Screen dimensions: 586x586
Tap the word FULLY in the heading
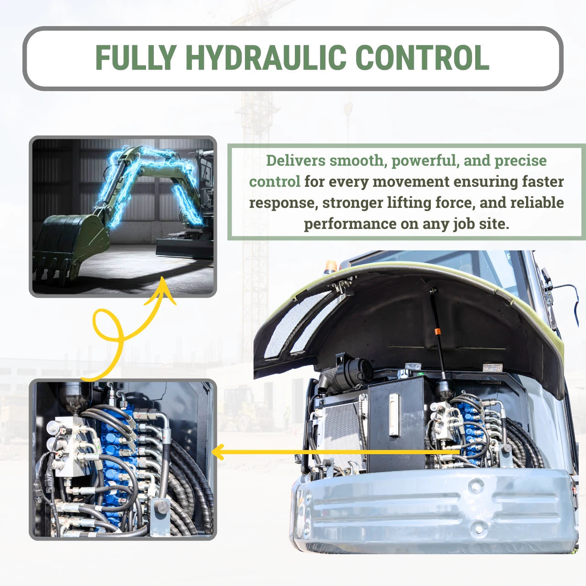coord(136,58)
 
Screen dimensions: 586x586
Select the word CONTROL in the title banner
coord(423,58)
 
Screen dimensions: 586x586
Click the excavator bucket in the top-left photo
coord(71,246)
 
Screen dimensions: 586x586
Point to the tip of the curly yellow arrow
coord(163,277)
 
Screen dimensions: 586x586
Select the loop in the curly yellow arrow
coord(108,325)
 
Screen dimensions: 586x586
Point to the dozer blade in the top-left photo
coord(184,248)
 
